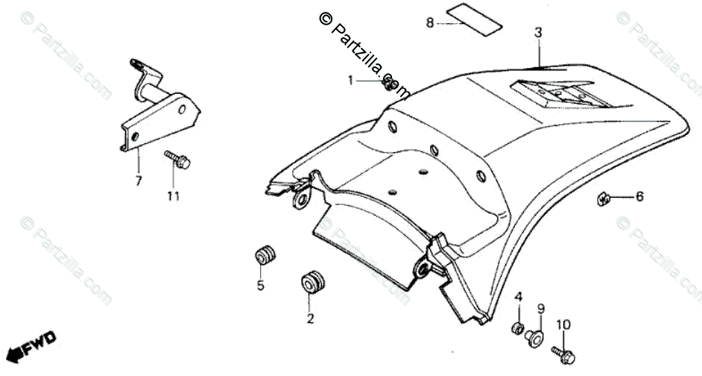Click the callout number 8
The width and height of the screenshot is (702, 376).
(x=429, y=23)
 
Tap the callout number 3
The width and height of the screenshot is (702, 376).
(x=538, y=32)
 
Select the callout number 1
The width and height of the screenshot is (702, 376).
(x=351, y=79)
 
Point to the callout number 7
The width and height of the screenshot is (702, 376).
(x=137, y=181)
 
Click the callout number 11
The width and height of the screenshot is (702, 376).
(x=173, y=196)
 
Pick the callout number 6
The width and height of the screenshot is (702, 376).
(x=639, y=197)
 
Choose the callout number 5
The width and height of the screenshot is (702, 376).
(x=261, y=285)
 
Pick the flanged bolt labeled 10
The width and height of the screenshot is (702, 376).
(x=560, y=351)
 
